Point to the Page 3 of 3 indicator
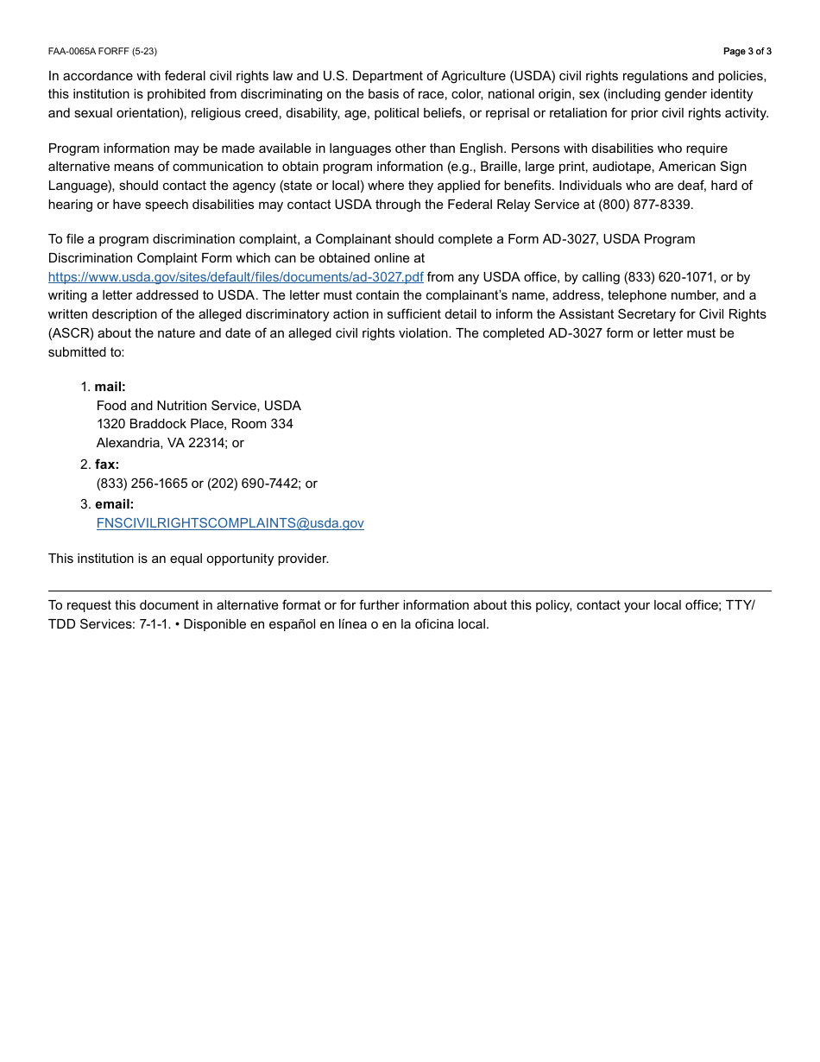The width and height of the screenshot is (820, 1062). [747, 52]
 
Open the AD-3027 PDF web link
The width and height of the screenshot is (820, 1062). [236, 277]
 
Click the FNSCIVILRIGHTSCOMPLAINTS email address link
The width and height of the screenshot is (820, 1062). [230, 523]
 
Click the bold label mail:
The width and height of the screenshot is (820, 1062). [110, 387]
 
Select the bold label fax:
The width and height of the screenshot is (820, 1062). [107, 465]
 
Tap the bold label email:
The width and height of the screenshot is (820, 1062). [114, 504]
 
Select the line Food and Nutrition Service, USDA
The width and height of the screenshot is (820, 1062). [199, 406]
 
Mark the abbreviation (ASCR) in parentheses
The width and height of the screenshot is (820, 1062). [72, 333]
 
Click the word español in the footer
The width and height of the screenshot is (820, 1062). [292, 624]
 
